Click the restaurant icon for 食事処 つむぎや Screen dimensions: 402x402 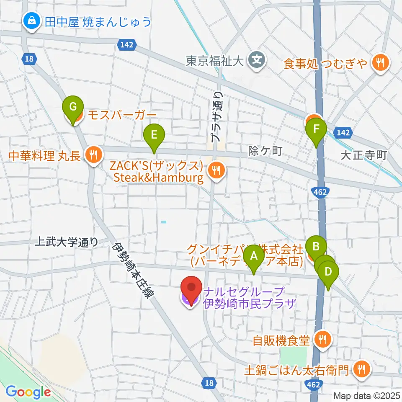[381, 63]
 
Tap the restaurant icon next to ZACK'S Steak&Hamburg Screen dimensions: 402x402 [216, 170]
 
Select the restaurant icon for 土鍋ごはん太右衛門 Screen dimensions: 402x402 [361, 368]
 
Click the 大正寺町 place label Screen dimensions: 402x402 [363, 155]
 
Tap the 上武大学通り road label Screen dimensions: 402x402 [67, 242]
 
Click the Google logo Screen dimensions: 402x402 [28, 392]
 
